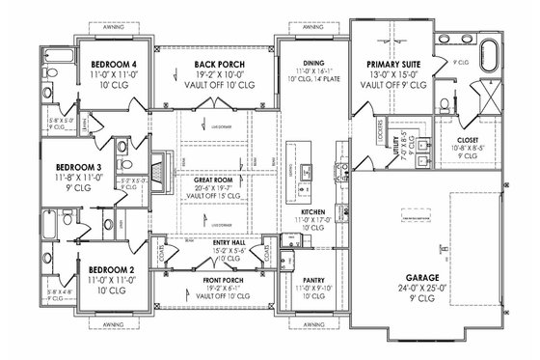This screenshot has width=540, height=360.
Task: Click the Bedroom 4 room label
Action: point(109,65)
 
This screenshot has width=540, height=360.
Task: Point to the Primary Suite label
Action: point(389,65)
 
